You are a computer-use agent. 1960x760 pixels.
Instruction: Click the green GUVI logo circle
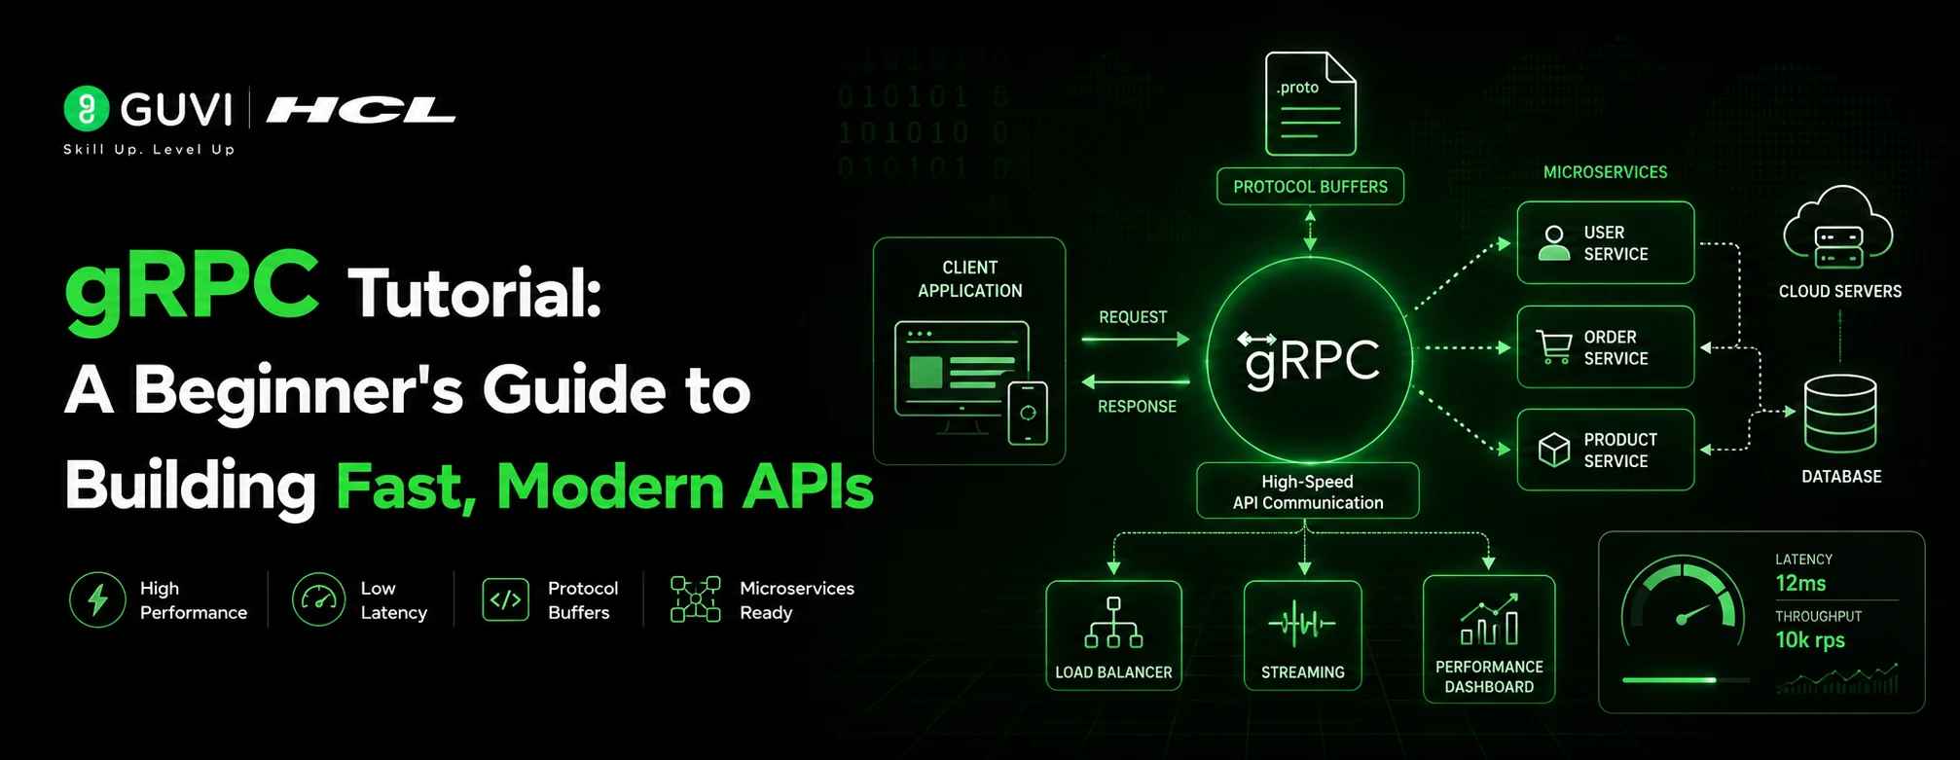coord(87,108)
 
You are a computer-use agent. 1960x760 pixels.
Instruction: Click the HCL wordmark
coord(361,110)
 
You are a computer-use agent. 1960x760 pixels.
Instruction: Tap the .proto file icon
coord(1310,103)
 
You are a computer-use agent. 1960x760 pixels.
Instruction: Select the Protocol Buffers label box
coord(1310,186)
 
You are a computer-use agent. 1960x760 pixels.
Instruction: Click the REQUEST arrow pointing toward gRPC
coord(1136,339)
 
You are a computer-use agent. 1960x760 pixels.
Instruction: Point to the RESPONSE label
coord(1137,406)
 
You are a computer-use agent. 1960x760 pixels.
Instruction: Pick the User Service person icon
coord(1554,242)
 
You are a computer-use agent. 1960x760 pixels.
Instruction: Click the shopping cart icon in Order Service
coord(1554,347)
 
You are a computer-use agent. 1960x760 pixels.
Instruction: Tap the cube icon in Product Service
coord(1554,450)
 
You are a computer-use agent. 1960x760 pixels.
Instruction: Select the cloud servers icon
coord(1837,228)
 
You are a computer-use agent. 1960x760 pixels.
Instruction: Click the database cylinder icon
coord(1840,414)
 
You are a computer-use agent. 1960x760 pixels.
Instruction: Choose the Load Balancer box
coord(1113,635)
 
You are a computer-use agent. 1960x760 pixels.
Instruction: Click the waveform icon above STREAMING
coord(1302,623)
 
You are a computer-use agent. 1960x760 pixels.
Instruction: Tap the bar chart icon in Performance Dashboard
coord(1489,620)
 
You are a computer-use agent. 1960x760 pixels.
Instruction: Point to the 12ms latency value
coord(1800,583)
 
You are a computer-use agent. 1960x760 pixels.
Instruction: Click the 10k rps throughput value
coord(1810,639)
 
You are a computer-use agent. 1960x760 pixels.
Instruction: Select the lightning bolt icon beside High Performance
coord(97,599)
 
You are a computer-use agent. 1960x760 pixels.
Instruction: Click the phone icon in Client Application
coord(1028,414)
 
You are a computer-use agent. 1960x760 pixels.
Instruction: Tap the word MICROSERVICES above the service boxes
coord(1605,172)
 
